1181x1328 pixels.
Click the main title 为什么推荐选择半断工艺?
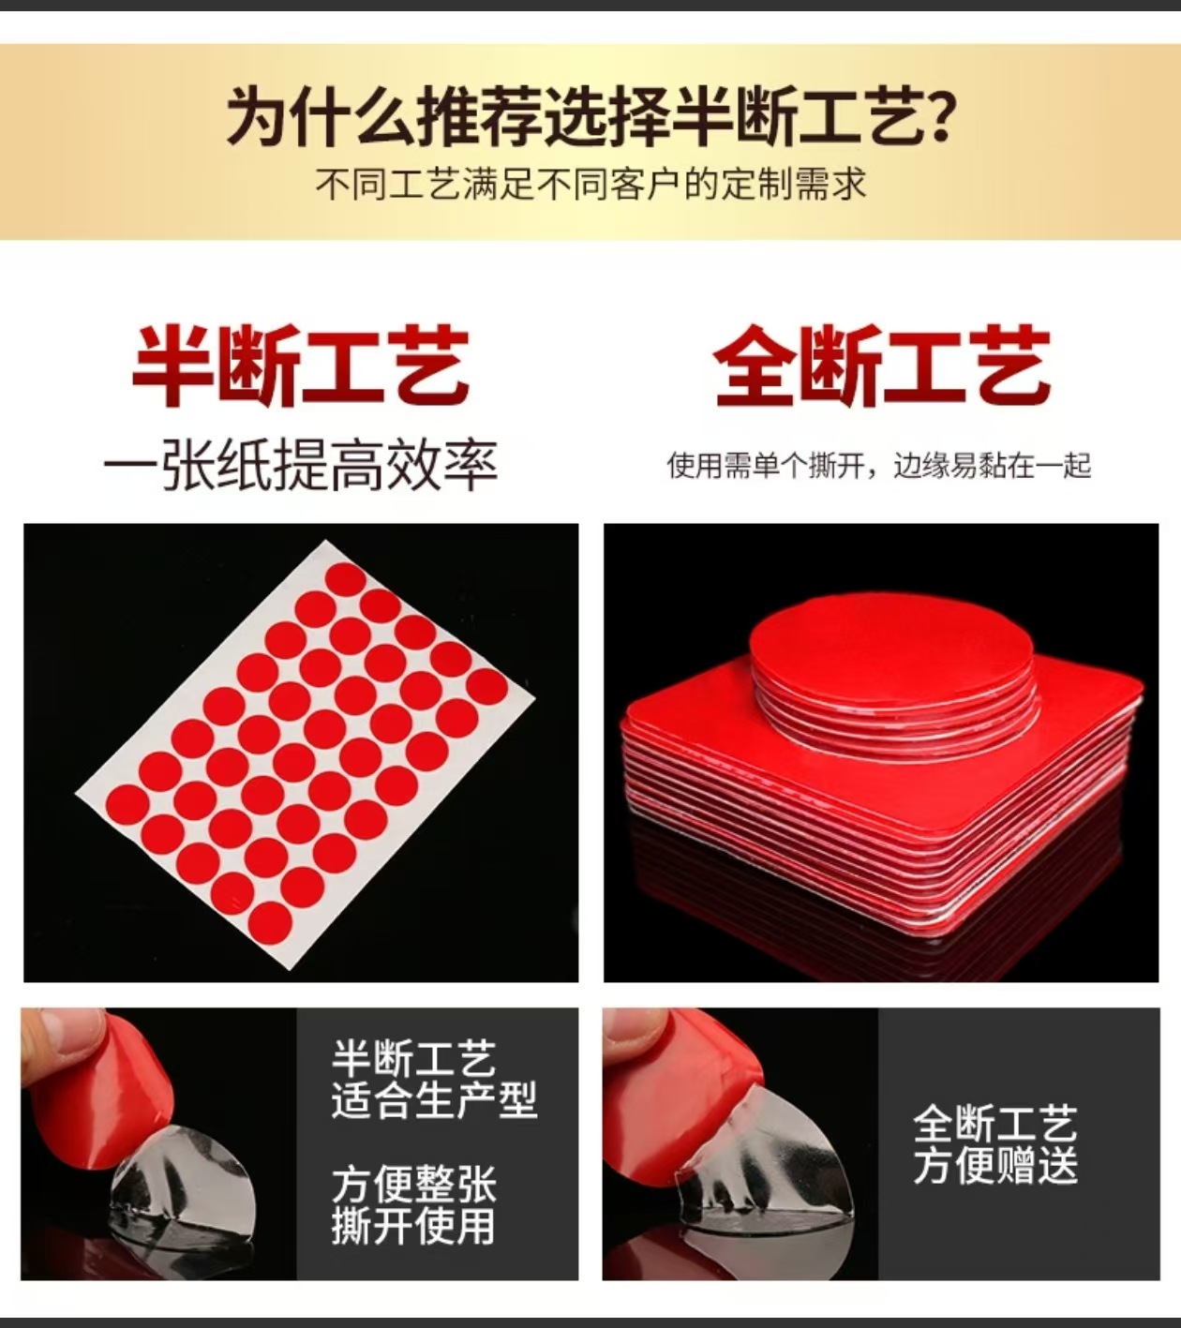pos(590,115)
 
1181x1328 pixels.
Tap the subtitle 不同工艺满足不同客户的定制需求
pos(590,184)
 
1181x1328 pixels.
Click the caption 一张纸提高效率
pos(301,465)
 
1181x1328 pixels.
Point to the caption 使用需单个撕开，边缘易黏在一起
pos(879,466)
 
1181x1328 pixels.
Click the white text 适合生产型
pos(434,1100)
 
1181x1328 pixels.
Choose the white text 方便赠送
pos(995,1166)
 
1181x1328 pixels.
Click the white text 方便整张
pos(413,1184)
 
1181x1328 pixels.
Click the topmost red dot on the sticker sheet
pos(346,580)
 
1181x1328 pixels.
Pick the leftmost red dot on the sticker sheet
pos(127,805)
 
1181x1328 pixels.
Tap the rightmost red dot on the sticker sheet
pos(487,686)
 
